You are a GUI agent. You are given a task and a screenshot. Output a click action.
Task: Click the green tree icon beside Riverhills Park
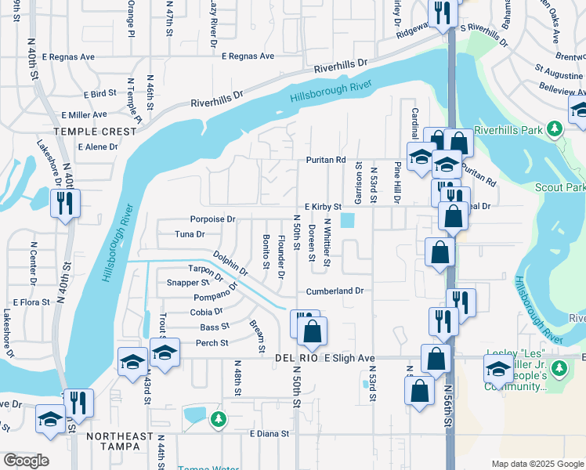click(555, 127)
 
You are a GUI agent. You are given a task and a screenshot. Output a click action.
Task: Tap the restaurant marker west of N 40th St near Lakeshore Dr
click(62, 204)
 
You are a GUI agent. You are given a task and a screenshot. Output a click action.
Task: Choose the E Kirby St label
click(323, 207)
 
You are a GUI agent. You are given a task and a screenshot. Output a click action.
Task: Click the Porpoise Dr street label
click(212, 219)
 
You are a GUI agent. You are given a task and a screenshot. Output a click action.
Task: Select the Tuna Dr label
click(190, 233)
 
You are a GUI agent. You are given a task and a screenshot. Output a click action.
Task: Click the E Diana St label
click(269, 433)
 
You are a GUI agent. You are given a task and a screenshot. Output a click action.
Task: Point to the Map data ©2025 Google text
click(537, 464)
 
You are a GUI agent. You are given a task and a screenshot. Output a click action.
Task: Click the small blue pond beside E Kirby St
click(346, 222)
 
